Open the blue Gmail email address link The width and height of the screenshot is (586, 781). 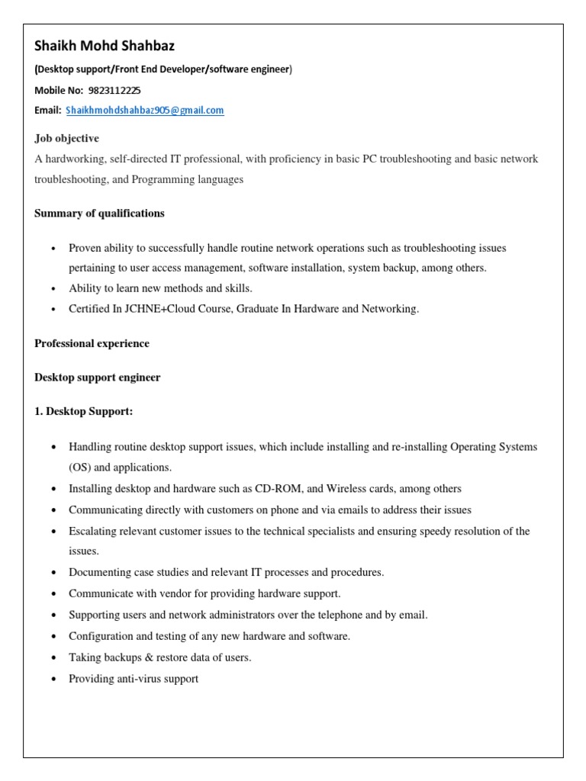pyautogui.click(x=145, y=111)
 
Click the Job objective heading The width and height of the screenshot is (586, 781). pyautogui.click(x=66, y=138)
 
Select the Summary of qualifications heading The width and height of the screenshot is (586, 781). pyautogui.click(x=99, y=214)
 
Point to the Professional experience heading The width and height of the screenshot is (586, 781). pyautogui.click(x=92, y=343)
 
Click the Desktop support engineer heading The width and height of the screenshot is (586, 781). pyautogui.click(x=97, y=378)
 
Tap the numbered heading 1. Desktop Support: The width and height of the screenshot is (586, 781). pyautogui.click(x=83, y=412)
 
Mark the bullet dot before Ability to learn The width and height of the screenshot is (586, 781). pyautogui.click(x=53, y=289)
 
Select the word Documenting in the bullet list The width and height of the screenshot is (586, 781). pyautogui.click(x=98, y=571)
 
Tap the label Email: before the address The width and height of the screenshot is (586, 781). pyautogui.click(x=47, y=111)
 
